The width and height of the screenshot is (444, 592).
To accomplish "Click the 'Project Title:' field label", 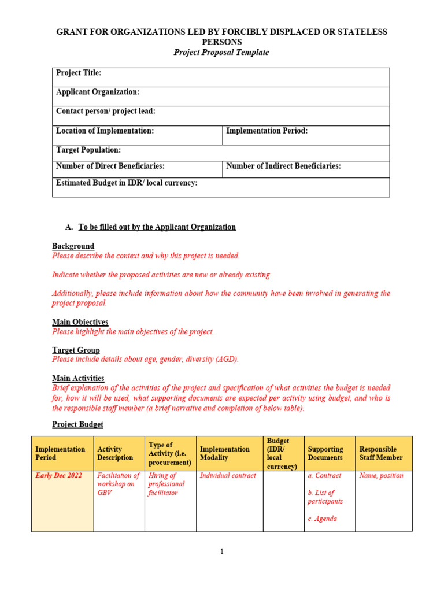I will click(x=79, y=73).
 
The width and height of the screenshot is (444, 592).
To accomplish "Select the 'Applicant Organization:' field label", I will click(x=98, y=92).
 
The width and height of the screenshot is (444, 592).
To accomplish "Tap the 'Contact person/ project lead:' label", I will click(x=105, y=111).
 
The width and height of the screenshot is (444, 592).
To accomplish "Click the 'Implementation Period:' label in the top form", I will click(x=267, y=131).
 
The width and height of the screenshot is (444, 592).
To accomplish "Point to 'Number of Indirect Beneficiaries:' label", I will click(x=283, y=166).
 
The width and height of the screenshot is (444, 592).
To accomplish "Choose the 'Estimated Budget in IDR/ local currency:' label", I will click(x=127, y=183).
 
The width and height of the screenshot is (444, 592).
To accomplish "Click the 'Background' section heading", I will click(x=73, y=246).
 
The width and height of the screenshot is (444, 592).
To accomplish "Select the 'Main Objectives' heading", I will click(x=80, y=321).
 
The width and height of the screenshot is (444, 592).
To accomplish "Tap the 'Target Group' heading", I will click(x=76, y=350).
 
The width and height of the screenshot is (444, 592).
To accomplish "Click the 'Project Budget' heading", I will click(x=77, y=424).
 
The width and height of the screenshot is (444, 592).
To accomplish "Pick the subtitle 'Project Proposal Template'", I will click(x=221, y=52).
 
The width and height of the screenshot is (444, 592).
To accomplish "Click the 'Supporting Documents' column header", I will click(x=325, y=453).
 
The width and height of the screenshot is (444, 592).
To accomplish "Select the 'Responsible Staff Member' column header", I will click(x=380, y=453).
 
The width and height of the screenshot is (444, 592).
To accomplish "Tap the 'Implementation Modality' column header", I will click(x=224, y=453).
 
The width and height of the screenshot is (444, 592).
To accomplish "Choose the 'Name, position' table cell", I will click(x=381, y=476).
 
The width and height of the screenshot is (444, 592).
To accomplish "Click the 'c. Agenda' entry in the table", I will click(x=322, y=519).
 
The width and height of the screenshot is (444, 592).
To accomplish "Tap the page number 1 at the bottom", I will click(x=221, y=552).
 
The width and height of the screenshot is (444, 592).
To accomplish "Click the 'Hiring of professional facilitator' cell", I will click(x=166, y=484).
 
